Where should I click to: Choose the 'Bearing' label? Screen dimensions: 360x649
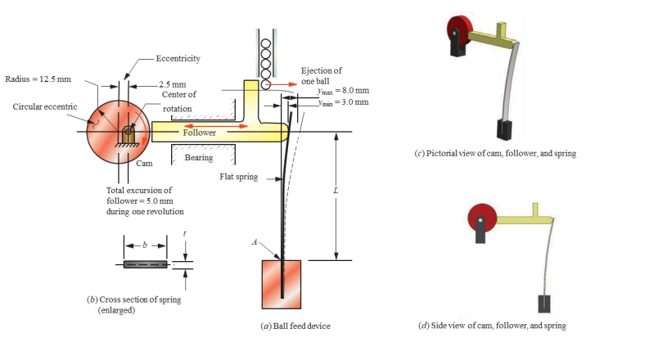pyautogui.click(x=199, y=157)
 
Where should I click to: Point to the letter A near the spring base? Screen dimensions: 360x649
pyautogui.click(x=255, y=242)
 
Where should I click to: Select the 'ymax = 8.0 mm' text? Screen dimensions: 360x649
pyautogui.click(x=343, y=90)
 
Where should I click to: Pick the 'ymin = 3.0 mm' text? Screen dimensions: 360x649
pyautogui.click(x=343, y=101)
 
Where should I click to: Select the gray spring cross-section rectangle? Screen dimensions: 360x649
pyautogui.click(x=146, y=264)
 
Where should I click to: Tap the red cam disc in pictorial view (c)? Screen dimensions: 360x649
pyautogui.click(x=455, y=32)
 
